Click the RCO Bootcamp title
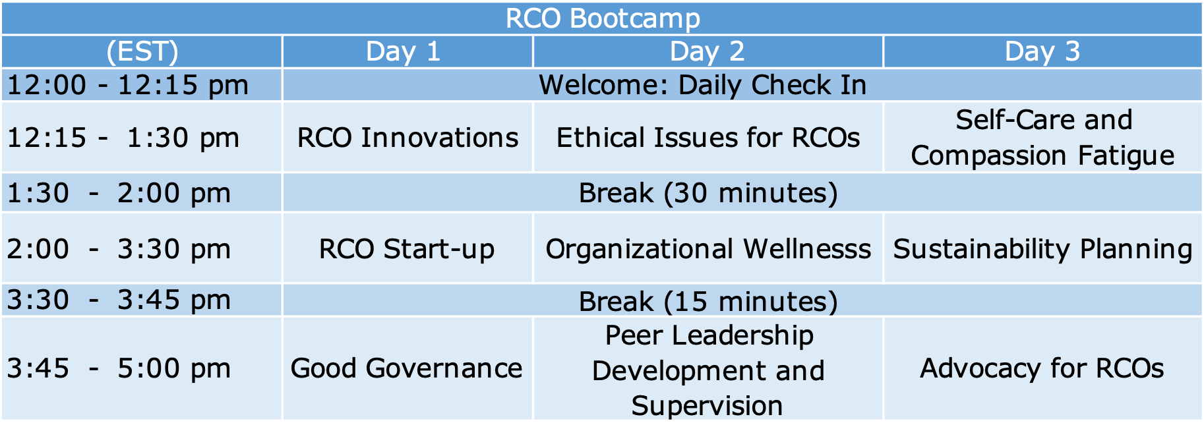(x=603, y=18)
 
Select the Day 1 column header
(x=403, y=51)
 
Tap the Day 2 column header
(x=707, y=51)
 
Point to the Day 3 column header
(x=1042, y=51)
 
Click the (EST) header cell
(x=142, y=52)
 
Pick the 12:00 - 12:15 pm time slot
(x=128, y=86)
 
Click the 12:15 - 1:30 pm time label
(x=123, y=138)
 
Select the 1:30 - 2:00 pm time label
(x=119, y=194)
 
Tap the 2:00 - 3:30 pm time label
(x=119, y=250)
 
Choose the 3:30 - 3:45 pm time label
(x=119, y=300)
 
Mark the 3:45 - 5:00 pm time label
(x=119, y=369)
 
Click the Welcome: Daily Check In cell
(x=702, y=86)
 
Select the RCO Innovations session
(x=407, y=138)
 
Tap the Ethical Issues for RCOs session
(x=707, y=138)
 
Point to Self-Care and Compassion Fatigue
(x=1042, y=138)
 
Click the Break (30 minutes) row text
(x=708, y=194)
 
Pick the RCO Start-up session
(x=407, y=250)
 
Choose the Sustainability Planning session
(x=1042, y=250)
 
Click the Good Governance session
(x=406, y=369)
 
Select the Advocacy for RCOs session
(x=1042, y=369)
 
